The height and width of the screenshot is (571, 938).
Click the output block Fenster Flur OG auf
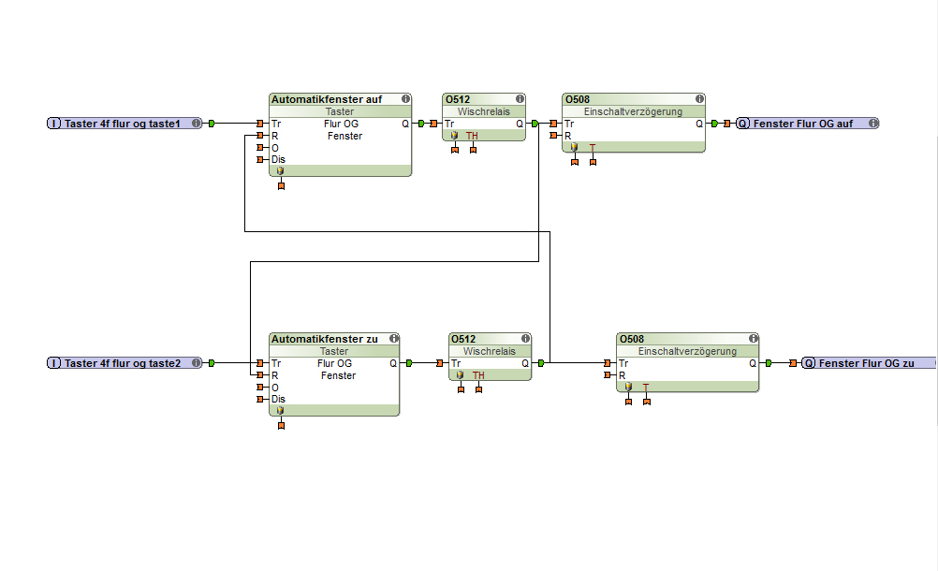806,124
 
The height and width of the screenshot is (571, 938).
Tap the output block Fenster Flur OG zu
868,363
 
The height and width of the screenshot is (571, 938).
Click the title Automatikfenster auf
327,99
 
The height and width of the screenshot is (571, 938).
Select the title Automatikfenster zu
325,339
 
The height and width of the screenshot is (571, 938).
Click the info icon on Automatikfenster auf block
406,98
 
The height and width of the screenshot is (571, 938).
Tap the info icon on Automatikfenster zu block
394,338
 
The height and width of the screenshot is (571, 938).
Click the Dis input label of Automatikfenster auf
278,159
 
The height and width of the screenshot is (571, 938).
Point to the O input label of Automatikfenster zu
275,388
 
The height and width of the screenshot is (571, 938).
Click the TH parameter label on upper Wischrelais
472,136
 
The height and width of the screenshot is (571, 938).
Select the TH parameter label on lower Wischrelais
478,375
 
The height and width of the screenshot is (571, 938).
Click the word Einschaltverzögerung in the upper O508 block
633,111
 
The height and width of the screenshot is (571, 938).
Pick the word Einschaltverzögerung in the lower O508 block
687,351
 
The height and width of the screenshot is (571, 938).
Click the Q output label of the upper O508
698,124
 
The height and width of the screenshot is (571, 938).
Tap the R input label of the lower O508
622,375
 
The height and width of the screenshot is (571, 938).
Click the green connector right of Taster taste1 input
212,124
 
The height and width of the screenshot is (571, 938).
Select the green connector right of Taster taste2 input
212,363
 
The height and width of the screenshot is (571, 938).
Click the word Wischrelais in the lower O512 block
489,351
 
